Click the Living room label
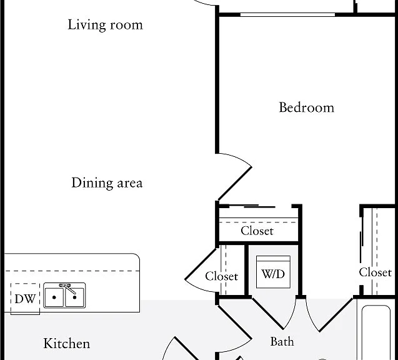(x=105, y=26)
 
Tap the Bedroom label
(x=306, y=107)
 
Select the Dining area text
(x=107, y=182)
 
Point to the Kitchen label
(x=66, y=344)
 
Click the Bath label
(x=282, y=341)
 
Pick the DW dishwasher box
(x=25, y=299)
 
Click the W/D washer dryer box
(x=273, y=272)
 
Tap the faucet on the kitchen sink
(x=67, y=288)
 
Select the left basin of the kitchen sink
(x=54, y=297)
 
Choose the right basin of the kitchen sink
(x=74, y=297)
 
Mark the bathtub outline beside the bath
(x=376, y=332)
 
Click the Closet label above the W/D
(x=257, y=231)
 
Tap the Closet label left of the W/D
(x=222, y=276)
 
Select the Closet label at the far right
(x=375, y=272)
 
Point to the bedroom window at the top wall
(x=287, y=15)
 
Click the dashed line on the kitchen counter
(x=72, y=271)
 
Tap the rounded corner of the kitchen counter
(x=137, y=256)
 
